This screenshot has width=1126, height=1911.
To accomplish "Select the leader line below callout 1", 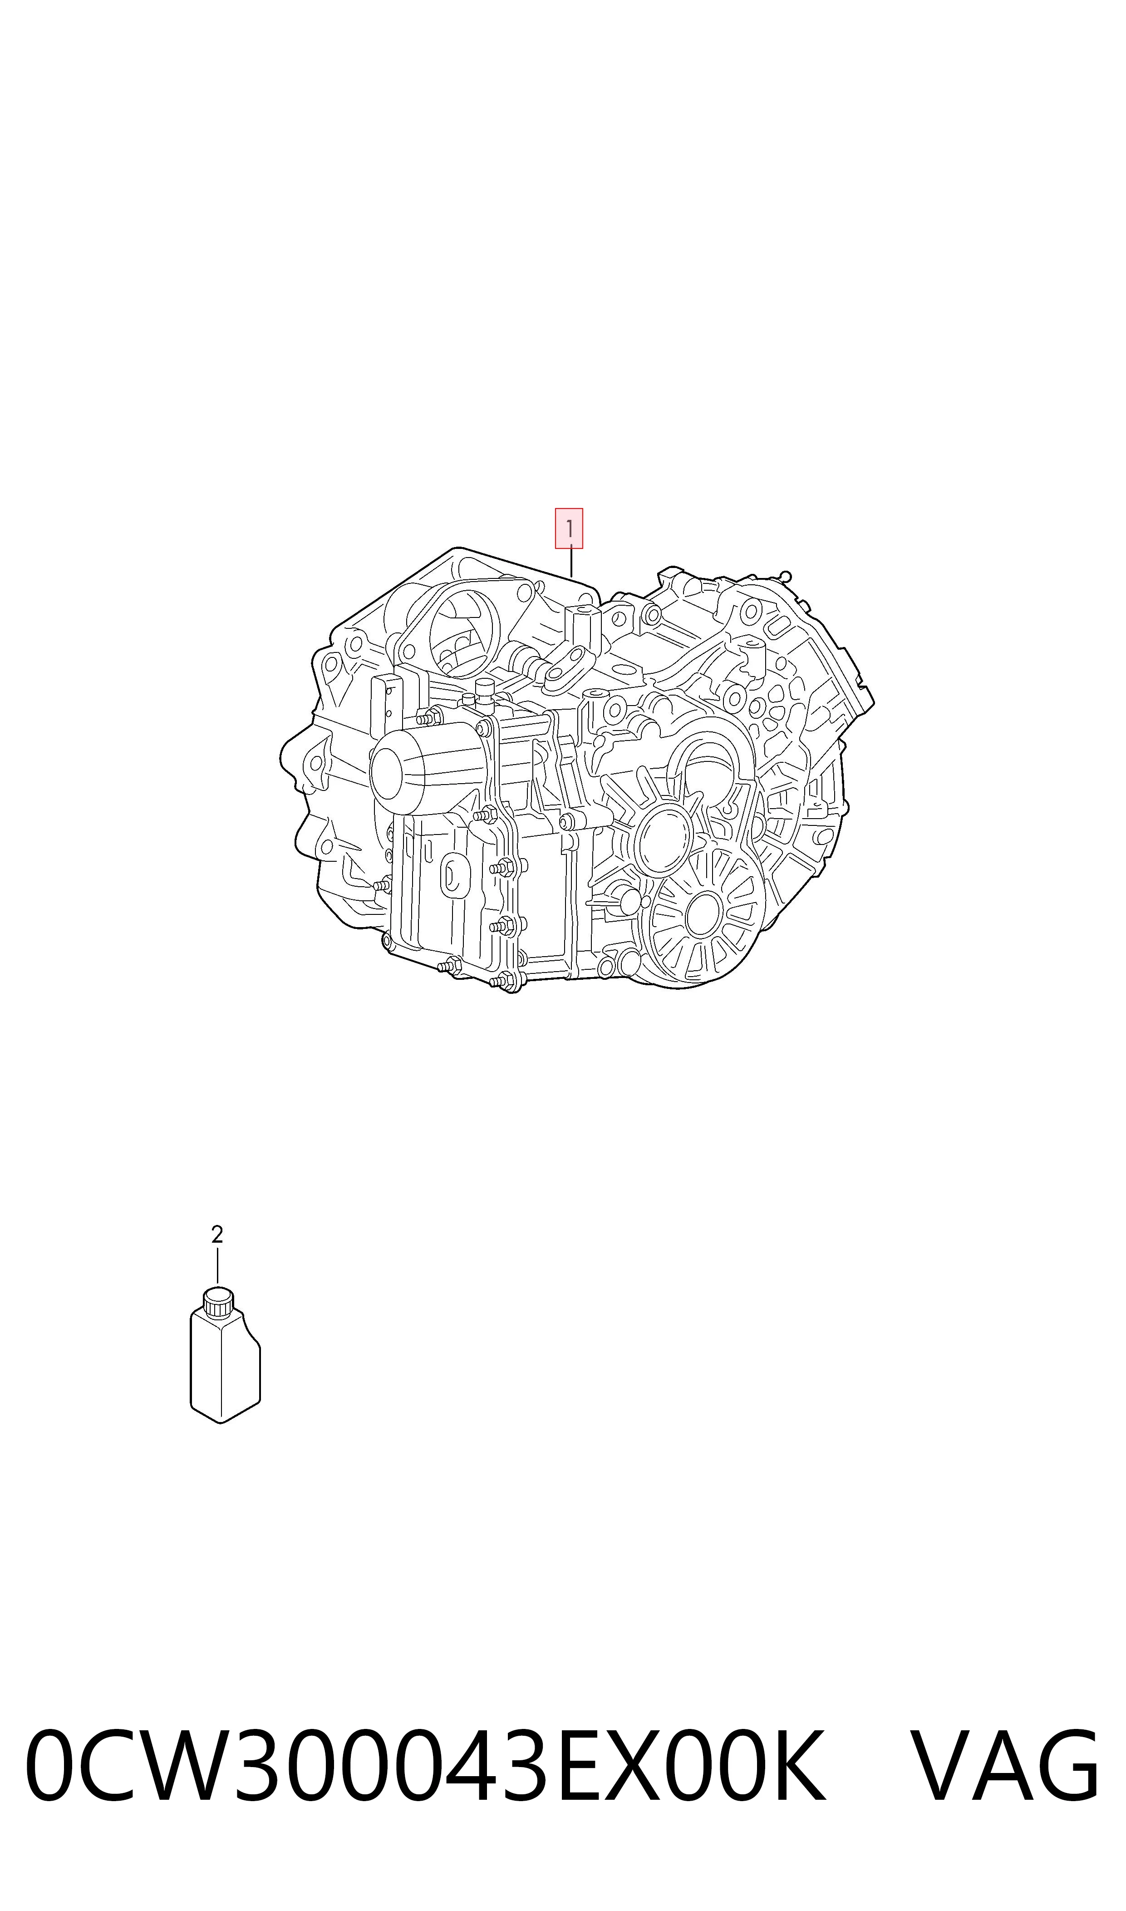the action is coord(571,562).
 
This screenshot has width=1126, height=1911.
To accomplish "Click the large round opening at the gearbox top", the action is coord(464,636).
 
